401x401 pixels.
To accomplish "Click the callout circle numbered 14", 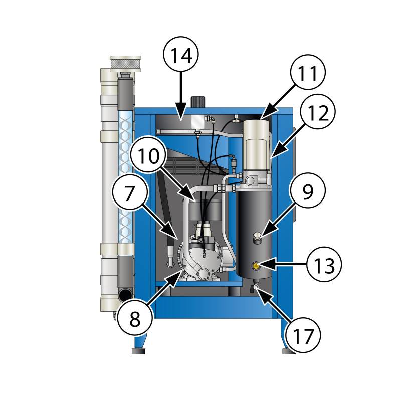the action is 181,55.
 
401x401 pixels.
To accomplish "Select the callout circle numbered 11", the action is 308,72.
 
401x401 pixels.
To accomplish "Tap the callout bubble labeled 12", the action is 318,112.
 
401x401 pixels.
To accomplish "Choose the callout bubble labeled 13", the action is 324,264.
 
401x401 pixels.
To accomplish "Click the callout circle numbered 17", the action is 303,335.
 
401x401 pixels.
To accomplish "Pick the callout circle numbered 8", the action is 135,318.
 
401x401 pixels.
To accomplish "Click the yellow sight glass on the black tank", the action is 256,266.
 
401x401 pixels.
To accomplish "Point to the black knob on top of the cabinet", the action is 198,102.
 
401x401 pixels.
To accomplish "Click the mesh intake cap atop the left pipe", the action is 125,64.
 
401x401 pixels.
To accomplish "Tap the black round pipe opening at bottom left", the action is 125,295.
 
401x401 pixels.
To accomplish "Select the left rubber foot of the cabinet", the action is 139,351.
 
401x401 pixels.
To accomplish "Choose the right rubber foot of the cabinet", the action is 289,351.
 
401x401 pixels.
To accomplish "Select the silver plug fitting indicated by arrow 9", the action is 257,237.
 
